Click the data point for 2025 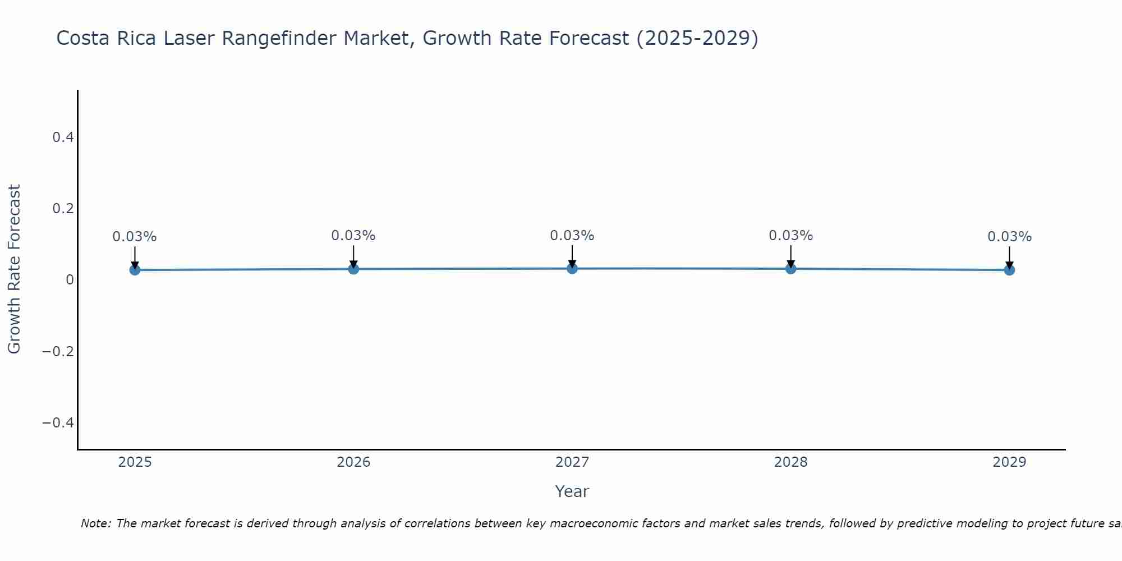coord(135,270)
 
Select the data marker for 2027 coord(572,268)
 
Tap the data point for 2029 coord(1009,270)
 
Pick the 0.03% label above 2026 coord(353,236)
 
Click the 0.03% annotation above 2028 coord(790,236)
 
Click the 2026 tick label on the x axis coord(353,462)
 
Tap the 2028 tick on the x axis coord(790,462)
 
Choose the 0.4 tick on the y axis coord(63,137)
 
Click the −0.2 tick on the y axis coord(58,351)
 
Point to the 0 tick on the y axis coord(70,280)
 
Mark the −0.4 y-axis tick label coord(58,422)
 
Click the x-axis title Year coord(572,491)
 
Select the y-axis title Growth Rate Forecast coord(14,269)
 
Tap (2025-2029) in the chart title coord(697,38)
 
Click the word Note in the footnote coord(95,523)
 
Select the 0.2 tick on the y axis coord(63,208)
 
